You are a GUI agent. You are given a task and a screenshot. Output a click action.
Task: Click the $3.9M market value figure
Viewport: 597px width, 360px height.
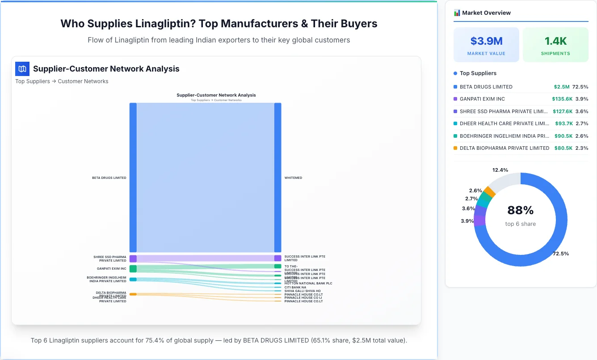pos(486,41)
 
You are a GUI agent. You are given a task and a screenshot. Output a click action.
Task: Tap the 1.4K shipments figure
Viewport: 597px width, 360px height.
pos(555,41)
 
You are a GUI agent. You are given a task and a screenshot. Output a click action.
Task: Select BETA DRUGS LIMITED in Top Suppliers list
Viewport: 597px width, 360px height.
pos(486,87)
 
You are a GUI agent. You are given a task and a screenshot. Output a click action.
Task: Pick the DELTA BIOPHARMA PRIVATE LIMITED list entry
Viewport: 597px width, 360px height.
pos(504,148)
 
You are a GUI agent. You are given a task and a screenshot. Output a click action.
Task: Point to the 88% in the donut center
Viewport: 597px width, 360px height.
pos(521,210)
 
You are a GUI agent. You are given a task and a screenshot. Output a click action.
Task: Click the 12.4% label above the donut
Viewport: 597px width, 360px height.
pos(500,170)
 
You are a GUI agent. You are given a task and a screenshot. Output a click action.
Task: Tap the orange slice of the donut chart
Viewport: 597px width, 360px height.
pos(489,191)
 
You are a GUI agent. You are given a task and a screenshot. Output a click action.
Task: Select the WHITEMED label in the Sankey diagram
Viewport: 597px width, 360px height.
pos(293,178)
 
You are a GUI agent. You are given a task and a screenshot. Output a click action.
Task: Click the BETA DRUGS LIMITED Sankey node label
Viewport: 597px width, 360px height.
pos(109,178)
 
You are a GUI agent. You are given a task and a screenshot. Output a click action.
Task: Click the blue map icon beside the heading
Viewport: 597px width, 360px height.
pos(22,69)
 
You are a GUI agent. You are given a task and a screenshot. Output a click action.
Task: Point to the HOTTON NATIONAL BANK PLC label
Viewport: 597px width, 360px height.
pos(308,284)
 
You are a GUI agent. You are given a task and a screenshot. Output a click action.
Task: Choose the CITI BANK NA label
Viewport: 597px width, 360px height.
pos(295,288)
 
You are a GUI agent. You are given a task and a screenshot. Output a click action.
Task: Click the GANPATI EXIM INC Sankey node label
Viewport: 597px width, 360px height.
pos(111,269)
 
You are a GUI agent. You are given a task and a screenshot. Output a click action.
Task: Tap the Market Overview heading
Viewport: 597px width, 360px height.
pos(486,13)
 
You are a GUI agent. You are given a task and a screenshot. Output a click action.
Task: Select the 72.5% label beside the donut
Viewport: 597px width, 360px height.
pos(561,254)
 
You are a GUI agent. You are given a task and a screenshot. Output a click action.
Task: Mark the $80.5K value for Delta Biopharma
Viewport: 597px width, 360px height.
pos(563,148)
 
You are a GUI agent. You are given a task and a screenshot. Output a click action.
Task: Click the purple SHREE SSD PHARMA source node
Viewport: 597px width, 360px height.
pos(133,258)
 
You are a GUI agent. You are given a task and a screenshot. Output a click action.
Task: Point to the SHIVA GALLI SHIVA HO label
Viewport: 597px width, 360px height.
pos(303,291)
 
